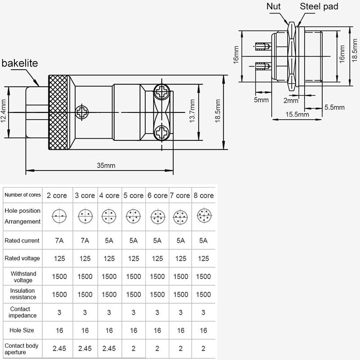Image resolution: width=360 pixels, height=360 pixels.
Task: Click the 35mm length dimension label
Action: (x=106, y=165)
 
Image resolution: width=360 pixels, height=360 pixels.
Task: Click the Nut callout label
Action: (x=273, y=7)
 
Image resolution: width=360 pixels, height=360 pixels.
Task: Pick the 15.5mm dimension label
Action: (x=297, y=114)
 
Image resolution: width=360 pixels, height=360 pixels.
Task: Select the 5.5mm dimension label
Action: (x=334, y=107)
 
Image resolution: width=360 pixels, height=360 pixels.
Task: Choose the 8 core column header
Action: (x=203, y=195)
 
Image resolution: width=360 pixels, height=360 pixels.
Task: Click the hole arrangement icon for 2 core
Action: (x=57, y=216)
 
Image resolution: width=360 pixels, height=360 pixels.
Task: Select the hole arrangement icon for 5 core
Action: (x=133, y=216)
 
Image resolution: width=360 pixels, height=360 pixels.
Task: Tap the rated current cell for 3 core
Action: (x=85, y=241)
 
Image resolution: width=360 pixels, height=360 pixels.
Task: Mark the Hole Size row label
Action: (x=22, y=330)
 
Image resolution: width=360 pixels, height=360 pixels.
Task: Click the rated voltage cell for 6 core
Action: (x=157, y=259)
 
